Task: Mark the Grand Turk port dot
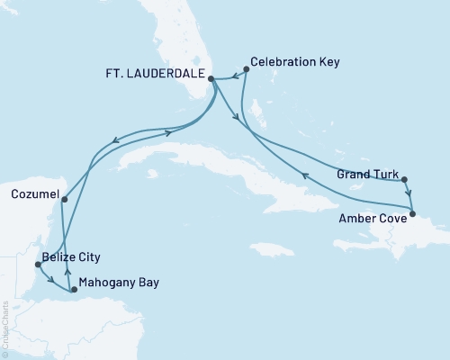405,179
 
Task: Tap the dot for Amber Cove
413,213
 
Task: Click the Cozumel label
35,193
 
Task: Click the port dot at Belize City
37,265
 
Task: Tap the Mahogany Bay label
119,282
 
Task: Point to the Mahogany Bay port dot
74,290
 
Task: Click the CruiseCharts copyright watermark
5,323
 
